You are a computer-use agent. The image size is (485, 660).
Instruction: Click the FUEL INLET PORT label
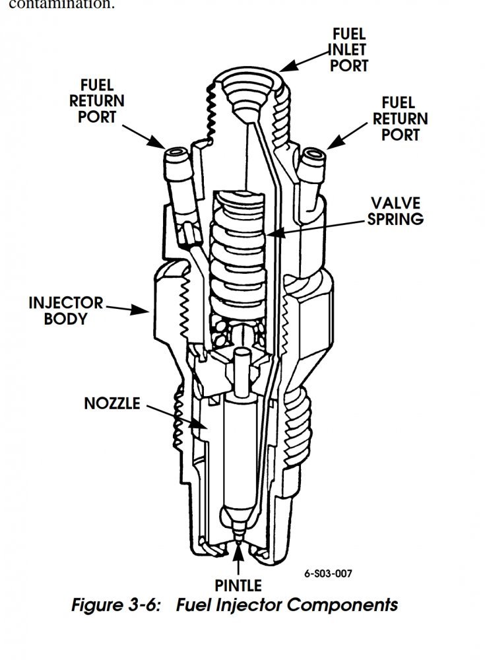tap(350, 49)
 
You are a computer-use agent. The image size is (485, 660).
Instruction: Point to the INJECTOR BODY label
tap(66, 311)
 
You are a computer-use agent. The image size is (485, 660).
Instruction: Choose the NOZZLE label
tap(112, 403)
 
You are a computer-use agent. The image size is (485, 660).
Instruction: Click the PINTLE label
tap(238, 585)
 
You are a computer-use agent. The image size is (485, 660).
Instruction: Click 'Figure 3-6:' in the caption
tap(116, 605)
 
